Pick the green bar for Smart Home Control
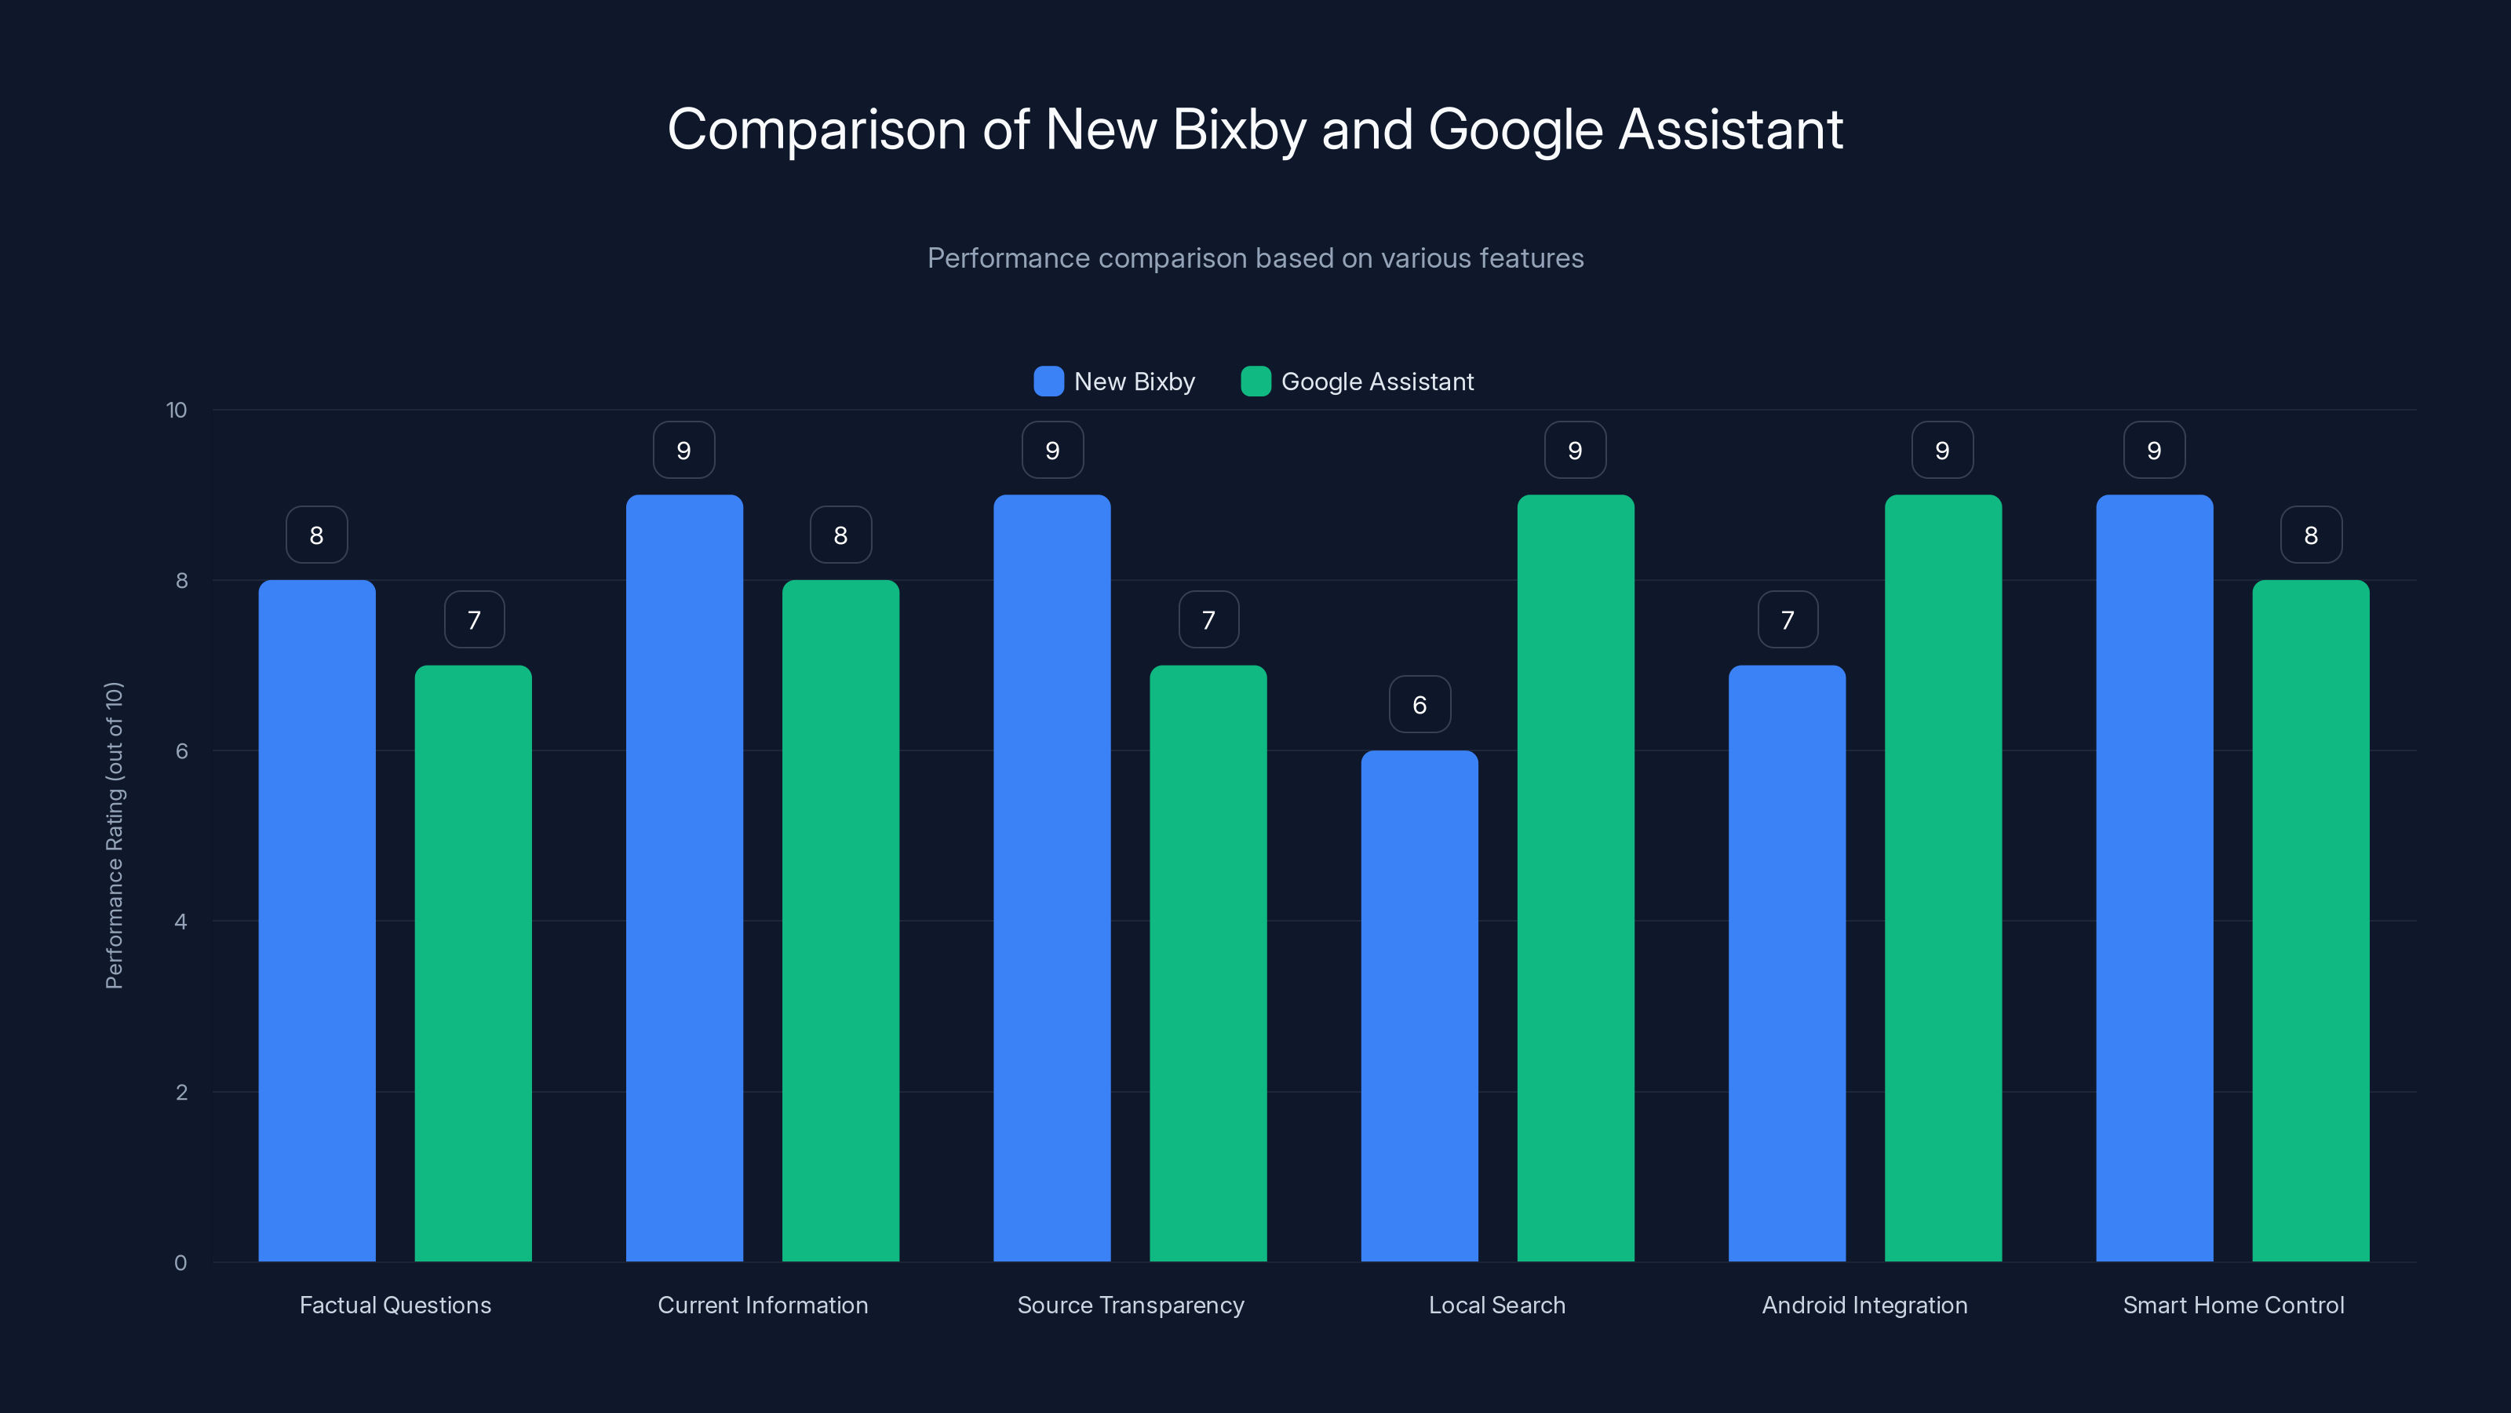pyautogui.click(x=2310, y=921)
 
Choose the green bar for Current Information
pyautogui.click(x=840, y=921)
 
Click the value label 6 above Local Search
pyautogui.click(x=1419, y=704)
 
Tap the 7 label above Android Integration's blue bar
pyautogui.click(x=1787, y=619)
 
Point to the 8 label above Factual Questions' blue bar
pyautogui.click(x=317, y=535)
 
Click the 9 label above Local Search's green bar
pyautogui.click(x=1575, y=450)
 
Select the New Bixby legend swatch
pyautogui.click(x=1048, y=382)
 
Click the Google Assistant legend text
pyautogui.click(x=1376, y=382)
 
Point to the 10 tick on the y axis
pyautogui.click(x=177, y=410)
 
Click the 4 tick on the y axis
pyautogui.click(x=180, y=922)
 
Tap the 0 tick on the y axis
pyautogui.click(x=180, y=1263)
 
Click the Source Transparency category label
pyautogui.click(x=1131, y=1305)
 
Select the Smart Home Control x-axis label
pyautogui.click(x=2233, y=1305)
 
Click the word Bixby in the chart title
pyautogui.click(x=1239, y=129)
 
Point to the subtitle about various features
pyautogui.click(x=1255, y=257)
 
